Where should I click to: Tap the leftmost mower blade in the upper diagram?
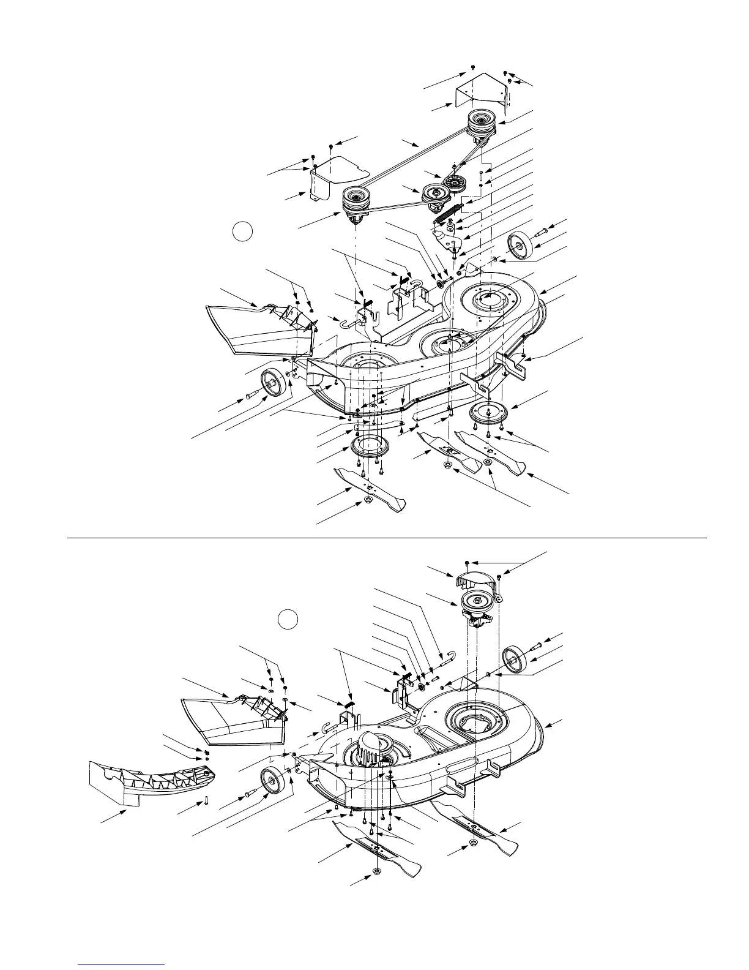click(x=369, y=488)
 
